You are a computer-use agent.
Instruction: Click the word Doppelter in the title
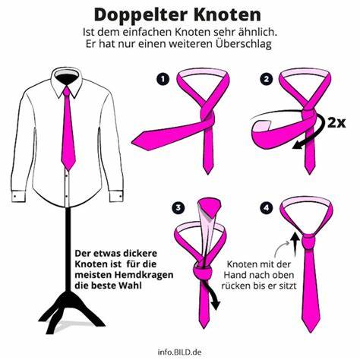click(x=142, y=16)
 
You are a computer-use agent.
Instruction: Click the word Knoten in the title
click(x=228, y=14)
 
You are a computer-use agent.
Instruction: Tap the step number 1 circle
click(x=163, y=79)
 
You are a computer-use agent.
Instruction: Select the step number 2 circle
click(x=266, y=79)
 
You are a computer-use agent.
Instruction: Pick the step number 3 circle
click(x=178, y=208)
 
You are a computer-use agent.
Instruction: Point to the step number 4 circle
click(x=266, y=208)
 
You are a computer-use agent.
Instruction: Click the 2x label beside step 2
click(x=336, y=123)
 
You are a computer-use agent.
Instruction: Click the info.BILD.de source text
click(x=179, y=352)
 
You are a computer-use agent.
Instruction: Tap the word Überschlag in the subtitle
click(x=244, y=44)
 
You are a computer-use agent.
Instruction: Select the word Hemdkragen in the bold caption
click(x=145, y=275)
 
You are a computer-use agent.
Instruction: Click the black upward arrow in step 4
click(x=294, y=244)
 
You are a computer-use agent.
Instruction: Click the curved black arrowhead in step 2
click(x=298, y=145)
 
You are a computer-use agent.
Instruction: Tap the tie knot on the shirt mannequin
click(x=66, y=92)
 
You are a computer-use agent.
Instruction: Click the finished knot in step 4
click(x=309, y=242)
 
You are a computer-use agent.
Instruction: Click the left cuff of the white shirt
click(x=18, y=196)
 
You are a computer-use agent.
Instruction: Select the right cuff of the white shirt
click(x=116, y=196)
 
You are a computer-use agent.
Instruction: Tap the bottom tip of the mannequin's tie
click(x=68, y=170)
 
